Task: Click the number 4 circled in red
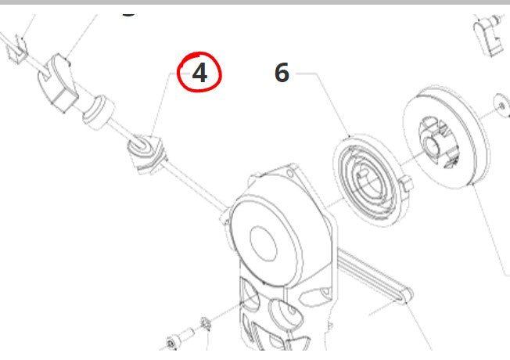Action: click(199, 73)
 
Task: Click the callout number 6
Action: click(282, 73)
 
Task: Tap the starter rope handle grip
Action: click(58, 84)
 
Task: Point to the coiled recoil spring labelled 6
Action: click(367, 180)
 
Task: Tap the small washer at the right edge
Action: click(501, 105)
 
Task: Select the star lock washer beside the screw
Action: click(206, 323)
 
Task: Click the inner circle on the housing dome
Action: click(264, 243)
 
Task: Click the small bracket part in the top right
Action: click(489, 36)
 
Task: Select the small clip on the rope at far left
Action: click(17, 49)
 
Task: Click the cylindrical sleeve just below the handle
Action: click(99, 112)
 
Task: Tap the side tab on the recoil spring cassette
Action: click(406, 183)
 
